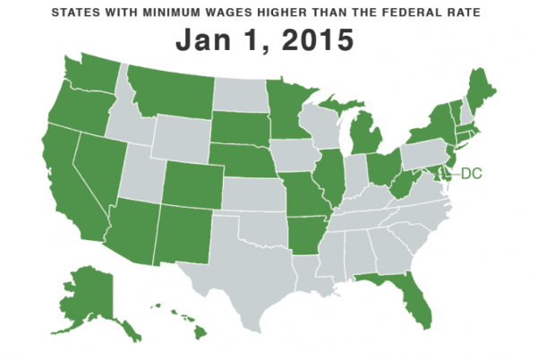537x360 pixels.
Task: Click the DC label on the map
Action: tap(471, 173)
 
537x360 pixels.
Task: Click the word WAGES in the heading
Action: tap(238, 13)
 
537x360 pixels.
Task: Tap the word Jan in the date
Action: tap(205, 41)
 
